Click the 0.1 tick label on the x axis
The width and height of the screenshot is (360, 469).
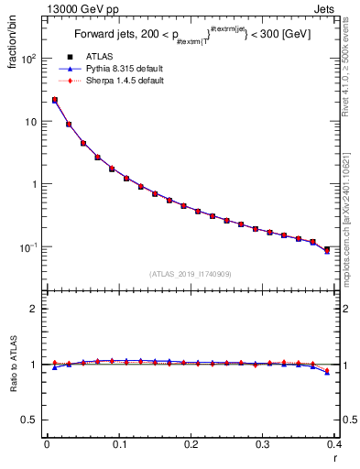[x=118, y=445]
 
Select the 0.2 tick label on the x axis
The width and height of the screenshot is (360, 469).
[x=191, y=445]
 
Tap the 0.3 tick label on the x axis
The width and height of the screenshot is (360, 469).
[x=263, y=445]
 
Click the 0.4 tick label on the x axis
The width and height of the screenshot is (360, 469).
[x=333, y=445]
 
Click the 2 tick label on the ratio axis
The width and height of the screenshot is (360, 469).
[x=33, y=309]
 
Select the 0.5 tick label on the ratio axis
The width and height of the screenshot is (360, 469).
[x=29, y=420]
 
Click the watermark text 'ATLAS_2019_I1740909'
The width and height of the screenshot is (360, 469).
[x=191, y=274]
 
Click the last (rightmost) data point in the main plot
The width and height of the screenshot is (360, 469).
[x=328, y=248]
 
